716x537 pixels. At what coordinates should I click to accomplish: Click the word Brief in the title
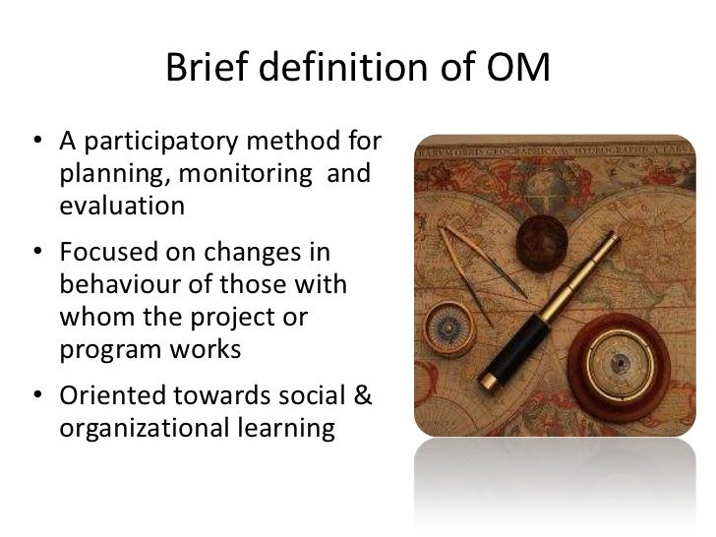[x=207, y=67]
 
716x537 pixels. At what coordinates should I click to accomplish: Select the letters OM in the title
[x=517, y=67]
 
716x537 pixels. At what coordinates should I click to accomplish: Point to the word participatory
[x=160, y=142]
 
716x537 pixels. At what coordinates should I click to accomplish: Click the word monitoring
[x=246, y=174]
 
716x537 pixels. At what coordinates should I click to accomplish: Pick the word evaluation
[x=122, y=206]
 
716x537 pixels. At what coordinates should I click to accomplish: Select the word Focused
[x=108, y=252]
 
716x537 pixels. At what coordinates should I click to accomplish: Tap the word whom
[x=97, y=317]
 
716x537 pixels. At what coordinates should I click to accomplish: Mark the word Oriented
[x=112, y=395]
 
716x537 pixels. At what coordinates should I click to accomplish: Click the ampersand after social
[x=363, y=395]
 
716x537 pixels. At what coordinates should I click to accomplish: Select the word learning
[x=286, y=429]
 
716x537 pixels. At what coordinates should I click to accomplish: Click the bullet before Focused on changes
[x=38, y=251]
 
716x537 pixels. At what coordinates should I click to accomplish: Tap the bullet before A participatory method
[x=38, y=140]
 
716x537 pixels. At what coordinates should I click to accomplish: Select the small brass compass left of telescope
[x=449, y=328]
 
